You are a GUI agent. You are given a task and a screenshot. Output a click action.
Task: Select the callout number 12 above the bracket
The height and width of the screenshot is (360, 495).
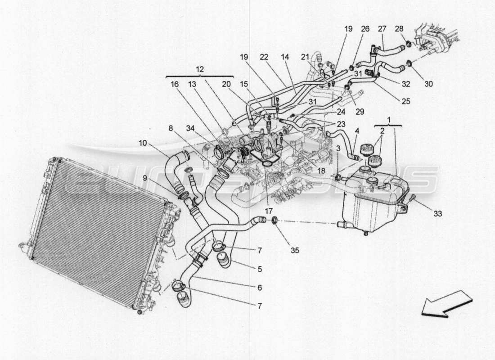click(200, 69)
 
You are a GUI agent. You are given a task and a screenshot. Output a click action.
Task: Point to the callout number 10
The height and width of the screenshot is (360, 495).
click(143, 143)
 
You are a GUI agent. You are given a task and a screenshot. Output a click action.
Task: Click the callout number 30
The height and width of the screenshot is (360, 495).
click(428, 83)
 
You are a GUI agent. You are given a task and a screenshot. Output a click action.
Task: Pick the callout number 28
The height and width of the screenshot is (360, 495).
click(399, 29)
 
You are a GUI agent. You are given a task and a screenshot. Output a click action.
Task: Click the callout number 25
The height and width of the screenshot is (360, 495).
click(405, 102)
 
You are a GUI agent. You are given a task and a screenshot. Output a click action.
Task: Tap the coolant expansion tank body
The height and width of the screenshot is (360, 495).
click(369, 202)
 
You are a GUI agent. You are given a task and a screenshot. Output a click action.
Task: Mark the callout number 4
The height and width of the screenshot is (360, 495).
click(356, 131)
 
